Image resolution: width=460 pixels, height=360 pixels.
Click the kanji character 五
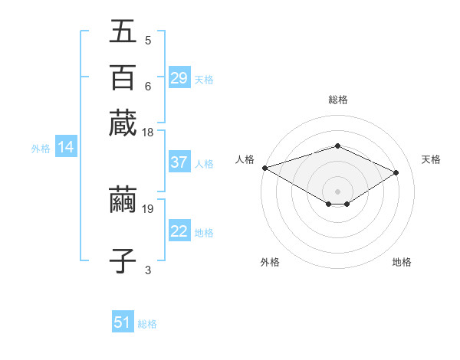click(123, 32)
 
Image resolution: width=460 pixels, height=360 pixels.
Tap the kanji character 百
click(123, 77)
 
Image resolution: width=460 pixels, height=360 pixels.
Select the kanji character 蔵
click(123, 123)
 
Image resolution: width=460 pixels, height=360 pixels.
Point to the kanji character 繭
click(123, 200)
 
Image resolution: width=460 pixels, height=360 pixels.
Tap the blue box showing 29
click(179, 78)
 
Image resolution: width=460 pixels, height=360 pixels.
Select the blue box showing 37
click(179, 162)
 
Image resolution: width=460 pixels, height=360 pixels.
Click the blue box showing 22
click(179, 231)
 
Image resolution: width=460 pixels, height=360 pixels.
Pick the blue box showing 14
click(66, 148)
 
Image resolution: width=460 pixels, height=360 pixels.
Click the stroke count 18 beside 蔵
click(148, 133)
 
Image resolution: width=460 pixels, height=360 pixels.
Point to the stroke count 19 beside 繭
click(148, 208)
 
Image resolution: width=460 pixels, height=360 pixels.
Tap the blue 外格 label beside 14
click(41, 149)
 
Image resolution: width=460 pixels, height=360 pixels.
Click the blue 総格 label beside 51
click(147, 324)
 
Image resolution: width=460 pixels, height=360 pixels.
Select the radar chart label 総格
click(337, 100)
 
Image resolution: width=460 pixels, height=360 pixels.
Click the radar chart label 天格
click(431, 159)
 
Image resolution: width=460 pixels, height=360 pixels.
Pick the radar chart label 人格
click(245, 159)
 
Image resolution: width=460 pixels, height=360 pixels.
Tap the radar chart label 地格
click(402, 262)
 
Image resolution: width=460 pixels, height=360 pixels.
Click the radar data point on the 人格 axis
click(264, 168)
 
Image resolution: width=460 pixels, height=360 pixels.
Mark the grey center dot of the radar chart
click(337, 191)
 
